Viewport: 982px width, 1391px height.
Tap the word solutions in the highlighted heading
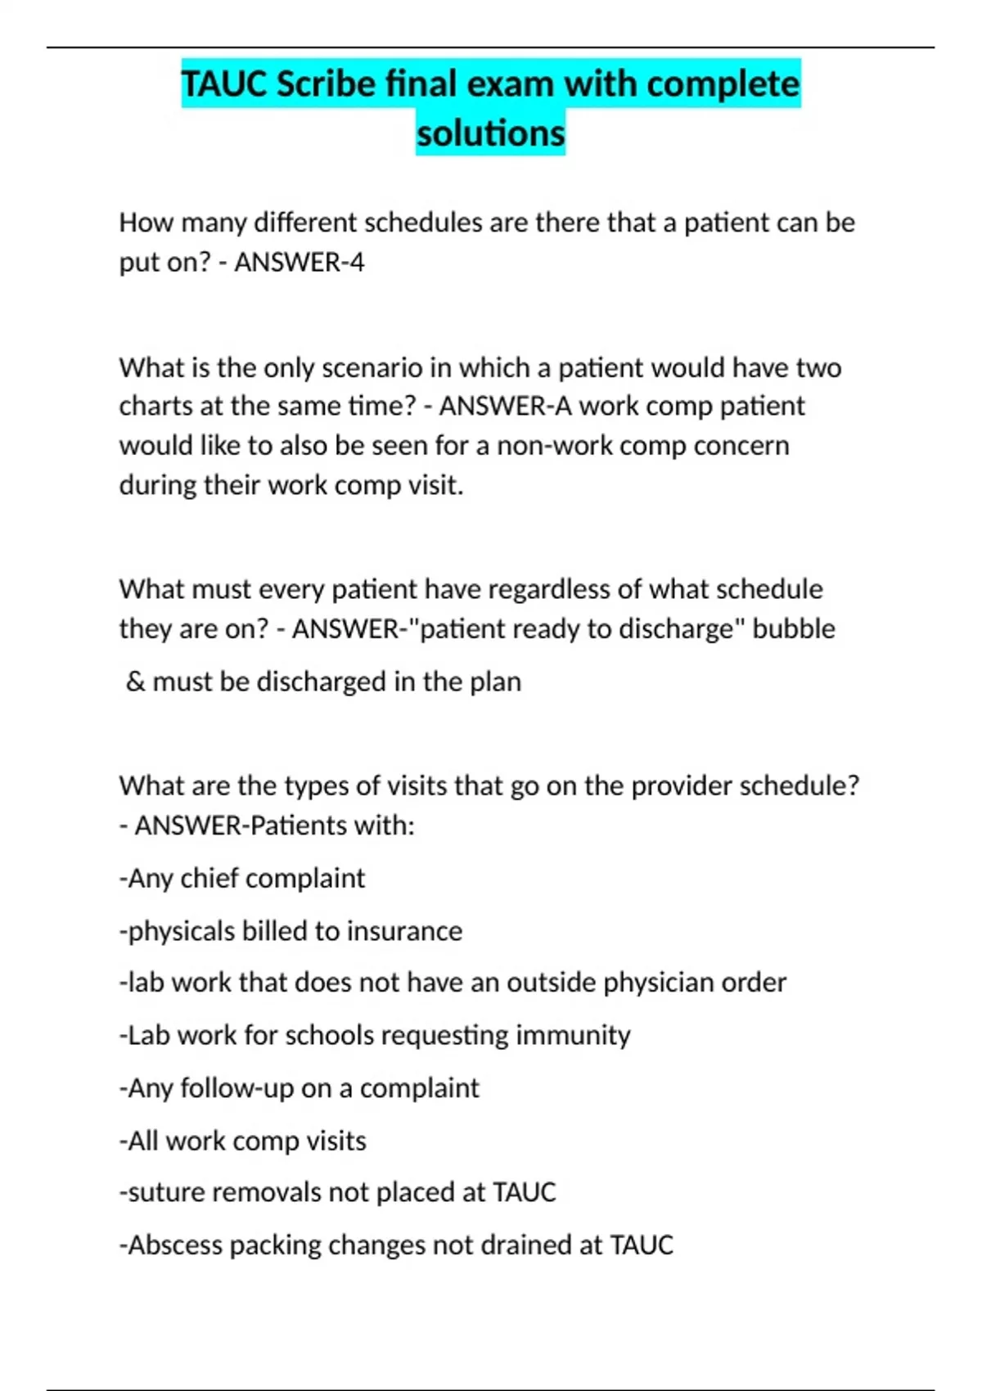pos(490,133)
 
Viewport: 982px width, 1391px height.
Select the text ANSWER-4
pos(300,263)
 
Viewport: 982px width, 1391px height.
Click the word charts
pos(156,407)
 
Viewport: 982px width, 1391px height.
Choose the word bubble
pos(794,629)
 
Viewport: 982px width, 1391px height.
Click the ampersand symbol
pos(135,682)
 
